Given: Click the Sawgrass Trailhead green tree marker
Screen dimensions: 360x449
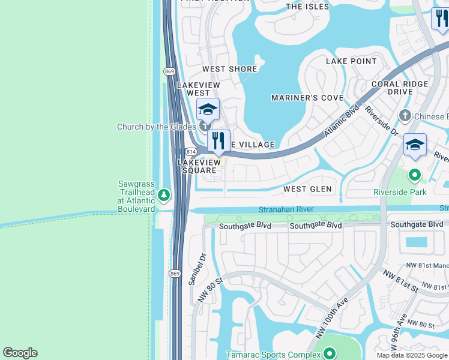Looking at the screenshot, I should click(163, 195).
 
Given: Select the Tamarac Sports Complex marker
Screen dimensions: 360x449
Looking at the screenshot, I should click(328, 354).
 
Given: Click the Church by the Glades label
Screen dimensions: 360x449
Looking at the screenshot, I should click(156, 127).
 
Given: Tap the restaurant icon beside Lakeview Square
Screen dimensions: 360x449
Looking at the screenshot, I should click(219, 141).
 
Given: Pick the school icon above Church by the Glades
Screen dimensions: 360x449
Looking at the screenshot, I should click(208, 110).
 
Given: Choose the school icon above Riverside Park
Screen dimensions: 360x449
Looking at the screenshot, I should click(415, 145).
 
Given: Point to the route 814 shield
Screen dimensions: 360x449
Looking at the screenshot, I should click(190, 152).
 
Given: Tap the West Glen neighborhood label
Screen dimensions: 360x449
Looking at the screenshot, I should click(307, 189).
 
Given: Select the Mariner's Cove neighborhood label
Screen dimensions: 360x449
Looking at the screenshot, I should click(307, 98).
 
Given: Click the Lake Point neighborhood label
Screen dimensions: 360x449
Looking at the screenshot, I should click(351, 61).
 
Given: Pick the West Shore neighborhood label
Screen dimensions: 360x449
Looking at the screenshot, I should click(229, 69).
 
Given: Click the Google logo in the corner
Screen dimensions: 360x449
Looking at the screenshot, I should click(20, 353).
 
